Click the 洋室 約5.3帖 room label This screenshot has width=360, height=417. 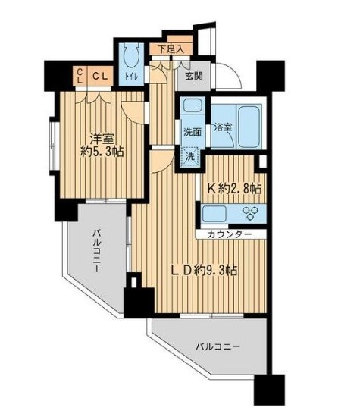(x=102, y=146)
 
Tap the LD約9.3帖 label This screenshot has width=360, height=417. (x=204, y=271)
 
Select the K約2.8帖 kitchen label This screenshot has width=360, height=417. (x=234, y=189)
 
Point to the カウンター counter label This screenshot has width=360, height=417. (x=229, y=234)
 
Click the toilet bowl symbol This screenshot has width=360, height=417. (x=132, y=55)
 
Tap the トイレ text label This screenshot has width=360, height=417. (x=131, y=77)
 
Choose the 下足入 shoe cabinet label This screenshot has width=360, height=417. (x=171, y=49)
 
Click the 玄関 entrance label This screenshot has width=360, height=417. (x=194, y=76)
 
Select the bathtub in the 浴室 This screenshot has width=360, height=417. (x=249, y=127)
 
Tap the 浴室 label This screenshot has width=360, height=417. (x=223, y=127)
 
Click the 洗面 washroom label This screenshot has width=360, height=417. (x=193, y=132)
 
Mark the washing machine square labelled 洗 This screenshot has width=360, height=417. (x=190, y=157)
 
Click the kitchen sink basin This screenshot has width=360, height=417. (x=214, y=214)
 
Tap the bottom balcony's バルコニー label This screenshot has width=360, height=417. (x=218, y=346)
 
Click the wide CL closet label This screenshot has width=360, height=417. (x=100, y=76)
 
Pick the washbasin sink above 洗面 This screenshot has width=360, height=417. (x=193, y=105)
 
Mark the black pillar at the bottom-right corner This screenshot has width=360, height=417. (x=269, y=390)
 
